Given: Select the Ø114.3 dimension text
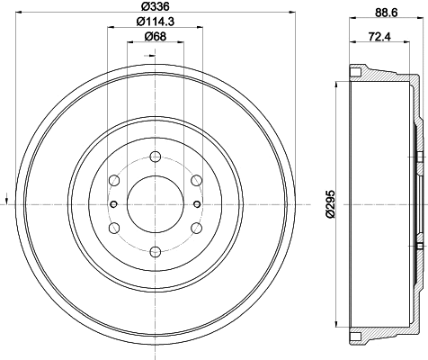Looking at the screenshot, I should (x=151, y=22).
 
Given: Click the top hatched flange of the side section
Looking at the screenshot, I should (x=360, y=72).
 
